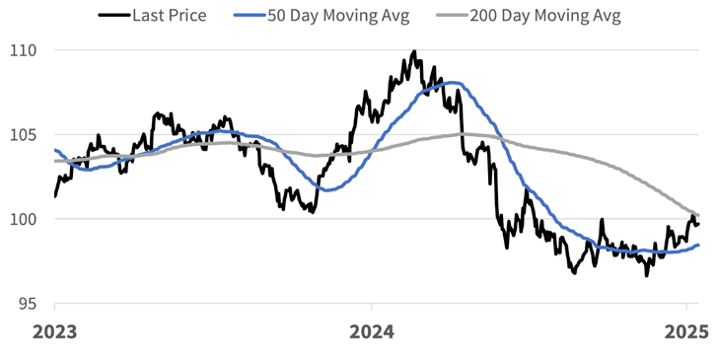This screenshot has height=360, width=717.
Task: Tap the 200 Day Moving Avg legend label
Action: [x=545, y=16]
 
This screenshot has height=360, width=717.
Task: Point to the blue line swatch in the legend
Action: [x=250, y=16]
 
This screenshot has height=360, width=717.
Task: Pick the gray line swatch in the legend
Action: [x=450, y=16]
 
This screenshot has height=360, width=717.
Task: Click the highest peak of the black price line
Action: [x=413, y=51]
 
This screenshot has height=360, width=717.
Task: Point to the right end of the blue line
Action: [x=698, y=245]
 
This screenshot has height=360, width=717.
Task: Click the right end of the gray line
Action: [x=698, y=214]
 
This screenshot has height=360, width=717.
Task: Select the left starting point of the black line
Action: [x=55, y=195]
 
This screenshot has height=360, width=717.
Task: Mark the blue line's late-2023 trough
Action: [x=329, y=188]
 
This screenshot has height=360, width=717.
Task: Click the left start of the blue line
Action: [x=55, y=150]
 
